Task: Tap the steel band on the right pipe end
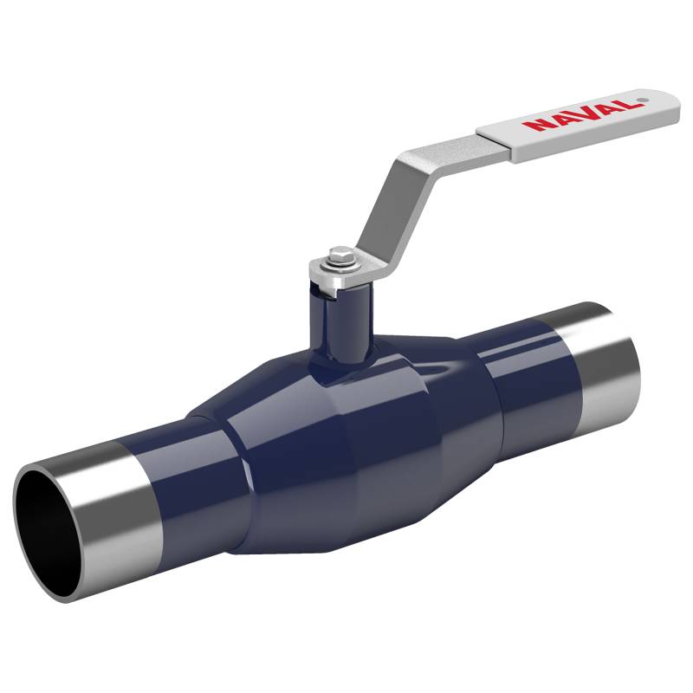coord(606,359)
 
